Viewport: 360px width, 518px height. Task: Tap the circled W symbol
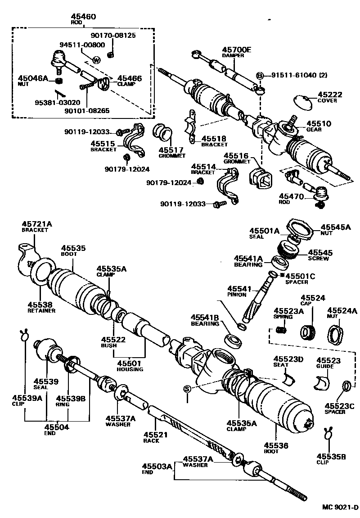pos(96,60)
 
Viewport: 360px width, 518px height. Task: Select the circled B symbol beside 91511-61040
pos(260,76)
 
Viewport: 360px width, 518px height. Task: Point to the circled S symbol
pos(187,389)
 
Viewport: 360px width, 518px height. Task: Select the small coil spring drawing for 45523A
pos(281,331)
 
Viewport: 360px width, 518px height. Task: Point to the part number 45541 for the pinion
pos(237,288)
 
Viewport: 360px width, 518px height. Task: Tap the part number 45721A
pos(37,224)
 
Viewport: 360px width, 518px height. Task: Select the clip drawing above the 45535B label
pos(328,434)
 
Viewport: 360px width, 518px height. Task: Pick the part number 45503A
pos(157,466)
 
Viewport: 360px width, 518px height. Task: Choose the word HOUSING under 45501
pos(130,369)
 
